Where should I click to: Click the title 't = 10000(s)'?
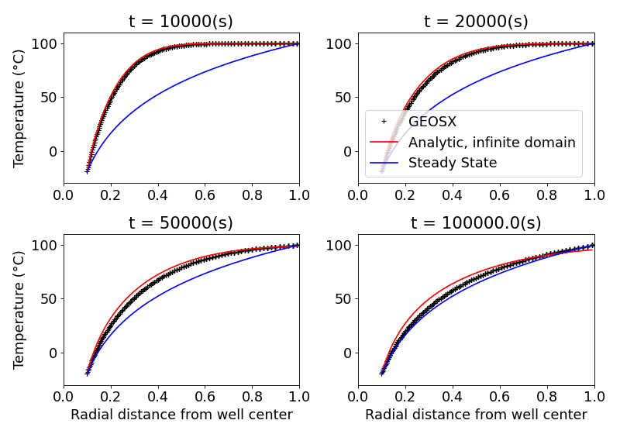(181, 21)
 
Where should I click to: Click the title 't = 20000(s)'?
(476, 21)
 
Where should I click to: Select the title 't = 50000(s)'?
(181, 223)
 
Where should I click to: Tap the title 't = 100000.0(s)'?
(476, 223)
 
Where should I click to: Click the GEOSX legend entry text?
(432, 122)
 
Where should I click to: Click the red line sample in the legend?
(384, 143)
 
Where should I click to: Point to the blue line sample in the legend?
(384, 163)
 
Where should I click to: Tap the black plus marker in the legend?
(384, 122)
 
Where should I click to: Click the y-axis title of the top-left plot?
(19, 108)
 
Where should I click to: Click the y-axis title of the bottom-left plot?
(19, 309)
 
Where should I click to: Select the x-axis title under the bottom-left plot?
(181, 415)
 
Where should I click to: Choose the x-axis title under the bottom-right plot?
(476, 415)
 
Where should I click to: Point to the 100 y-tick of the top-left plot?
(44, 44)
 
